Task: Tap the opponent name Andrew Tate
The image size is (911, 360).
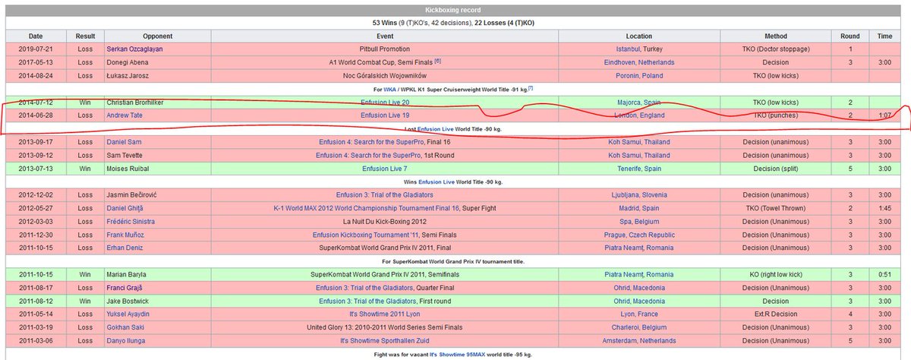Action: [x=126, y=115]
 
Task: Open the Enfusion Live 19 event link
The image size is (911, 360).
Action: [x=385, y=115]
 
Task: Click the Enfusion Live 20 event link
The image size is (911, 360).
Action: [x=385, y=102]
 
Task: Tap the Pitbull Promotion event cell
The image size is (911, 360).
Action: [x=385, y=49]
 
